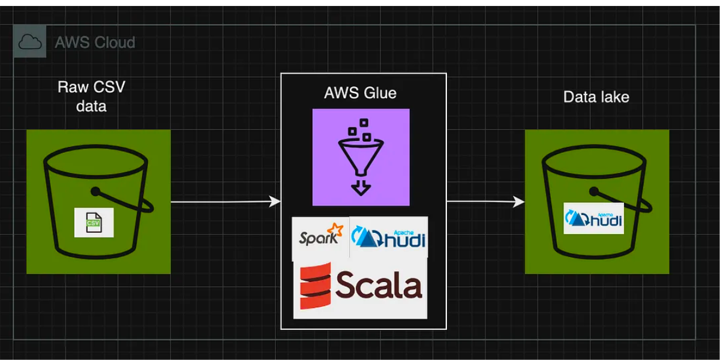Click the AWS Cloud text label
click(x=95, y=43)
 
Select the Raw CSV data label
click(x=91, y=96)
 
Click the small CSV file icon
click(x=94, y=223)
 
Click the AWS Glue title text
click(x=360, y=93)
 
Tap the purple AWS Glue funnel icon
click(x=361, y=157)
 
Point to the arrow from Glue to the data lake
click(x=485, y=202)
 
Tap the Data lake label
click(x=596, y=97)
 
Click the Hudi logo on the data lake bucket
click(x=593, y=218)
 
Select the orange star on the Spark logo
click(x=337, y=230)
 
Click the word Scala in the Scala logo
click(x=378, y=285)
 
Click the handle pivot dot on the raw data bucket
click(x=95, y=192)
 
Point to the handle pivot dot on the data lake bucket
click(x=593, y=192)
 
